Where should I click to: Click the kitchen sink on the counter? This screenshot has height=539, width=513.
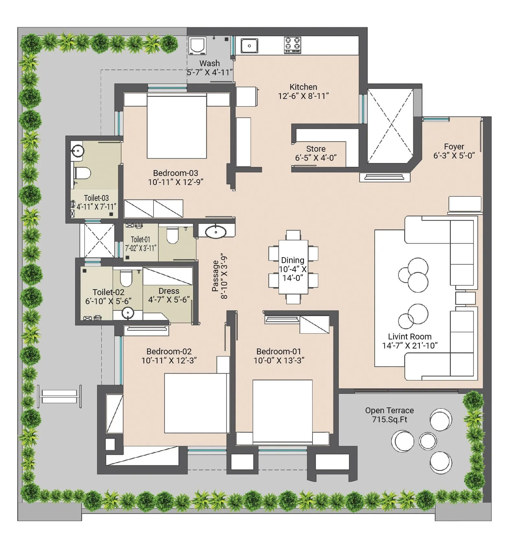[249, 46]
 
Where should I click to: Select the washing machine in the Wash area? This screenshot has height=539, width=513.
[198, 46]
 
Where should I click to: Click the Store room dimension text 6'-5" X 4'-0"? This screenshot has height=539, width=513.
[315, 158]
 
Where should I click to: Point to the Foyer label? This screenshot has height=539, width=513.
[454, 146]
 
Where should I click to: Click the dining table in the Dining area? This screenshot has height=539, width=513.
[293, 267]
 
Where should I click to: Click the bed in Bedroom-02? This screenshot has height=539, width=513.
[196, 403]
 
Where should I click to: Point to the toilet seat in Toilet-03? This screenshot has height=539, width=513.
[82, 173]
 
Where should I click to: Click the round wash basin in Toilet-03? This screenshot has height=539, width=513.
[78, 151]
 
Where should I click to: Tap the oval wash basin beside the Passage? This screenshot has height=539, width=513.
[216, 232]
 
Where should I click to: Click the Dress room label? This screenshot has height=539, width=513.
[169, 291]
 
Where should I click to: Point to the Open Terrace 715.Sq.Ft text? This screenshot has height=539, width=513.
[389, 415]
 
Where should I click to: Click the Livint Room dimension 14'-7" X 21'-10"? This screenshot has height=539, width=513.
[409, 346]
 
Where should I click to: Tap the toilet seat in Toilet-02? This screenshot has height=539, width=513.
[126, 278]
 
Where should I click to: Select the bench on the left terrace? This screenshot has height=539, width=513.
[59, 396]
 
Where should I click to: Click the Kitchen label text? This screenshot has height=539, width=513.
[303, 87]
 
